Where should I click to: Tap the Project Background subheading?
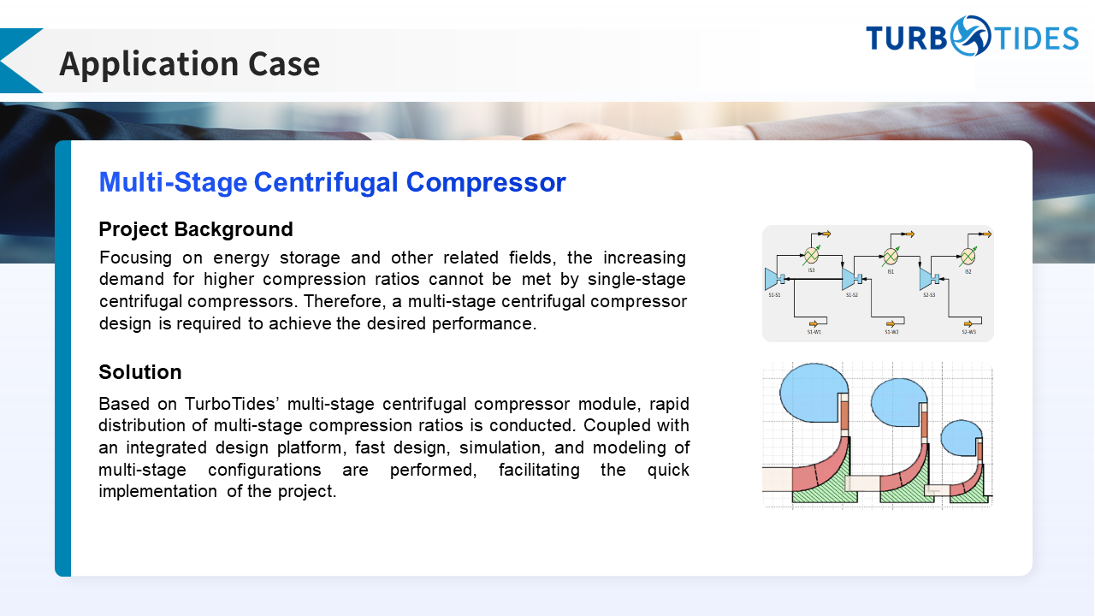(x=196, y=229)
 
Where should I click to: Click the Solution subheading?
(x=140, y=372)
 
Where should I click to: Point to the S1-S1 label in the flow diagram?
(x=774, y=295)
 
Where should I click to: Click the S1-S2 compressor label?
(x=852, y=295)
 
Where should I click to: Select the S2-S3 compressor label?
(x=929, y=295)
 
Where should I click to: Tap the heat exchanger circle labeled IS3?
(x=812, y=255)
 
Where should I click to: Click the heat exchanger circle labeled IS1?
(x=891, y=255)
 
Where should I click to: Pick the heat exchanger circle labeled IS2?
(x=968, y=255)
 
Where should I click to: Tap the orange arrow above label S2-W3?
(x=969, y=323)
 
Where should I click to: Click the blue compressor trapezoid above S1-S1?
(x=772, y=279)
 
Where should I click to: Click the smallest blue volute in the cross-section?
(x=960, y=438)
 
